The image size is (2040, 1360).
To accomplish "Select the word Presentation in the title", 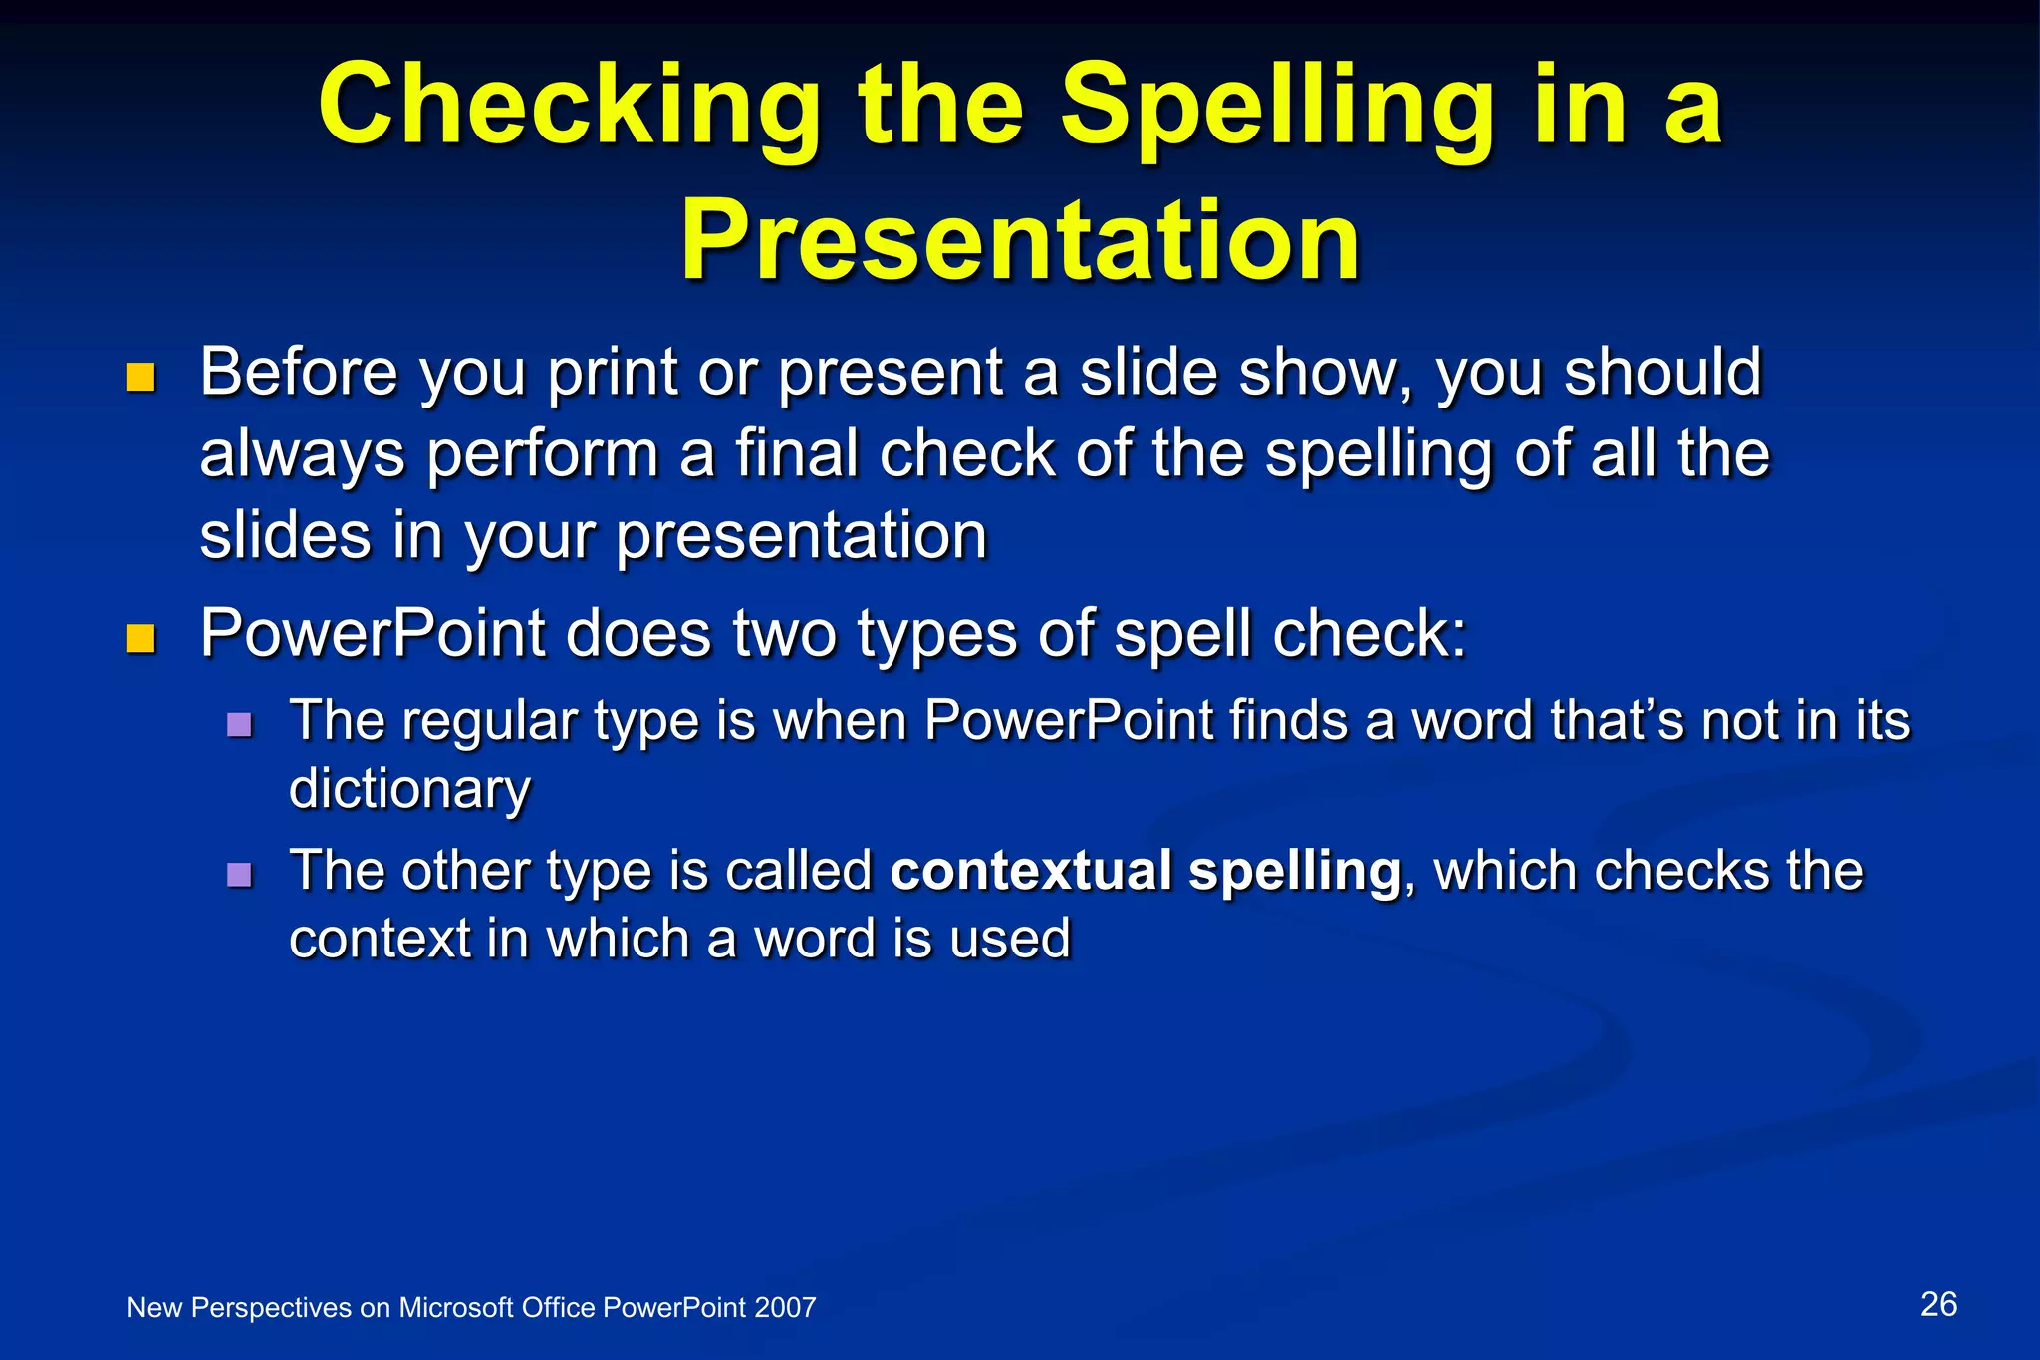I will click(1020, 242).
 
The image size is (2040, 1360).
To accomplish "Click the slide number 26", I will click(1938, 1304).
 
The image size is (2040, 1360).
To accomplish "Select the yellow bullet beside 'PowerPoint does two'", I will click(141, 638).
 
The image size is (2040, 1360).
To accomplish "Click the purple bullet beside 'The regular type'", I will click(239, 724).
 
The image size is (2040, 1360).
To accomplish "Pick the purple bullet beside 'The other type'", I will click(239, 875).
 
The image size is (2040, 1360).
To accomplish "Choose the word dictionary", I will click(409, 790).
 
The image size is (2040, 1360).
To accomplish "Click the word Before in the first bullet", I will click(299, 373).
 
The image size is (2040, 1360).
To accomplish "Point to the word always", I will click(302, 456).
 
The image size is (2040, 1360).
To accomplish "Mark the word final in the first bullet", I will click(797, 455).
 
